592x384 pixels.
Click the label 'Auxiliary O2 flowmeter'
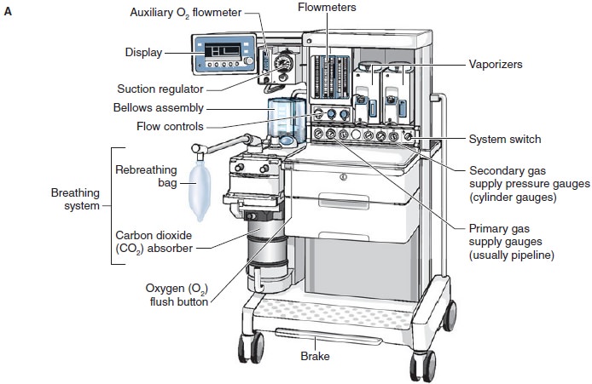[186, 14]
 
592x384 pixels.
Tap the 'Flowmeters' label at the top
[327, 8]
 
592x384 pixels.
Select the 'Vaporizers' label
[496, 64]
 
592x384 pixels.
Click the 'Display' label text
[143, 51]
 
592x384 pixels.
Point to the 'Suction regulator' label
[160, 88]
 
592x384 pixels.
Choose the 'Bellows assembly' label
[159, 107]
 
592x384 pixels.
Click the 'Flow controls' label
[171, 126]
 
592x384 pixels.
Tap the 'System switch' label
[504, 139]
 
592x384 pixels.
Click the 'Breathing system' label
[75, 198]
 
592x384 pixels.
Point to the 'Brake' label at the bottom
[315, 358]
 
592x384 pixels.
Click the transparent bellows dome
[285, 119]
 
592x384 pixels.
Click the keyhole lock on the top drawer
[342, 177]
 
